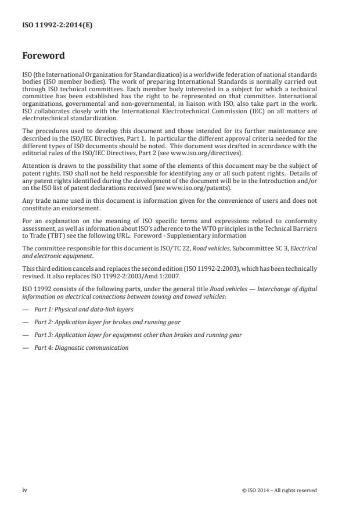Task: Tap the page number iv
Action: point(25,490)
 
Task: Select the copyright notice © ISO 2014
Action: point(279,490)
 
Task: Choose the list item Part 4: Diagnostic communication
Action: point(81,348)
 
